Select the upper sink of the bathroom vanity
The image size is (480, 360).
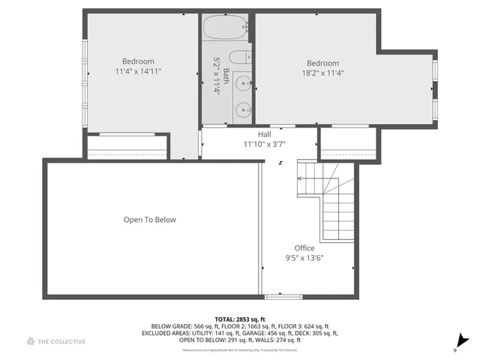point(242,82)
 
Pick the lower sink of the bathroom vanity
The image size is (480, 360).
point(242,110)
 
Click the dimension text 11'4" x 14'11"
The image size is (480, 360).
point(138,72)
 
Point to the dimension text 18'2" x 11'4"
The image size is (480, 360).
point(322,73)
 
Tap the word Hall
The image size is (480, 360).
point(264,134)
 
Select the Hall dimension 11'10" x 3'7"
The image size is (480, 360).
point(264,144)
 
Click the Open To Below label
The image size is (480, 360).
point(150,220)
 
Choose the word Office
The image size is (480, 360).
point(304,248)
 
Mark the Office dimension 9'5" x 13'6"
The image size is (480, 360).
point(304,258)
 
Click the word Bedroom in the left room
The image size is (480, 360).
point(138,61)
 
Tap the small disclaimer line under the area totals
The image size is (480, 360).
point(240,350)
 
